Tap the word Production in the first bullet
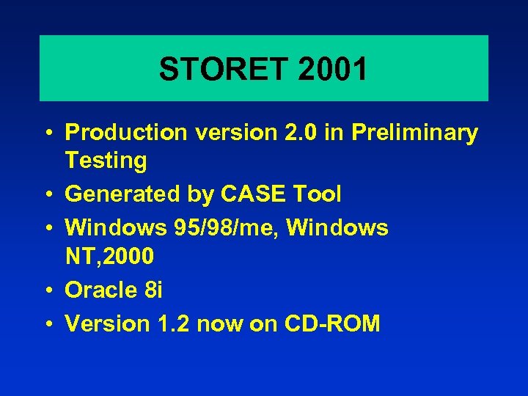[x=125, y=133]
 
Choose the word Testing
[x=106, y=160]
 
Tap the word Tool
[x=317, y=194]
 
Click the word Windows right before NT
[x=337, y=228]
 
